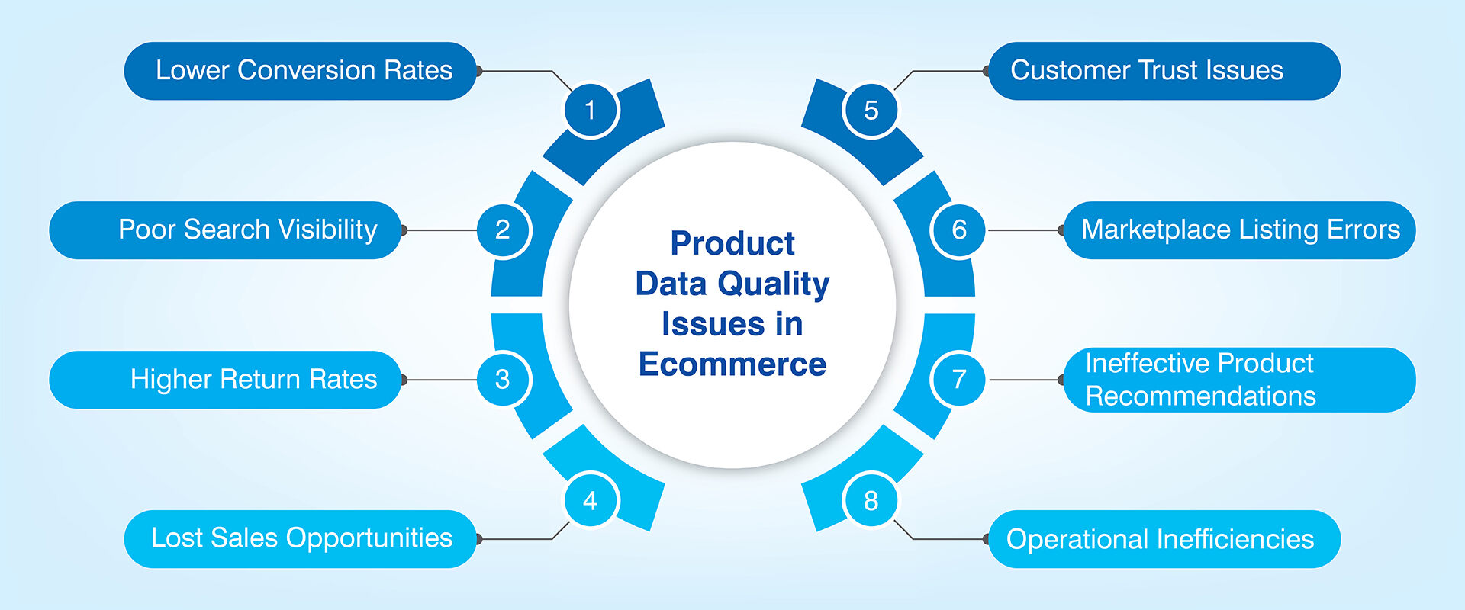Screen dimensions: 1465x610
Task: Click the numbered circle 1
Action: click(591, 110)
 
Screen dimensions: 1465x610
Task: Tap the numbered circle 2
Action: click(503, 230)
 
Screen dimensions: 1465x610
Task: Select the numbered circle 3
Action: click(503, 379)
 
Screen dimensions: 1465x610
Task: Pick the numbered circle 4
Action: click(591, 500)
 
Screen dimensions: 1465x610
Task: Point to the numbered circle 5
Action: click(871, 110)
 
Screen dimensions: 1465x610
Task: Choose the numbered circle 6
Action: click(958, 230)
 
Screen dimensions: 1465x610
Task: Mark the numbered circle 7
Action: click(958, 379)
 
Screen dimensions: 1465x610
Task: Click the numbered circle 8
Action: click(871, 500)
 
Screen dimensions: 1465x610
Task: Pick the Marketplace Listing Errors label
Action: click(1240, 230)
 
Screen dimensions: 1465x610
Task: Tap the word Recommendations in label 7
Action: click(1201, 396)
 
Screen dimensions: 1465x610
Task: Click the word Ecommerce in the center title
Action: click(732, 364)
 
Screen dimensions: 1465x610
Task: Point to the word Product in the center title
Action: click(732, 243)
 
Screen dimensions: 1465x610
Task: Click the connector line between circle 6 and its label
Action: click(1024, 230)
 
